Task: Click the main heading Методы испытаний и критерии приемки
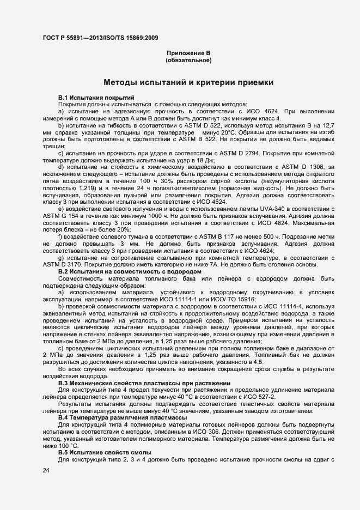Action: pyautogui.click(x=188, y=83)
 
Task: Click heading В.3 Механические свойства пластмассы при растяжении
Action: pyautogui.click(x=144, y=384)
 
